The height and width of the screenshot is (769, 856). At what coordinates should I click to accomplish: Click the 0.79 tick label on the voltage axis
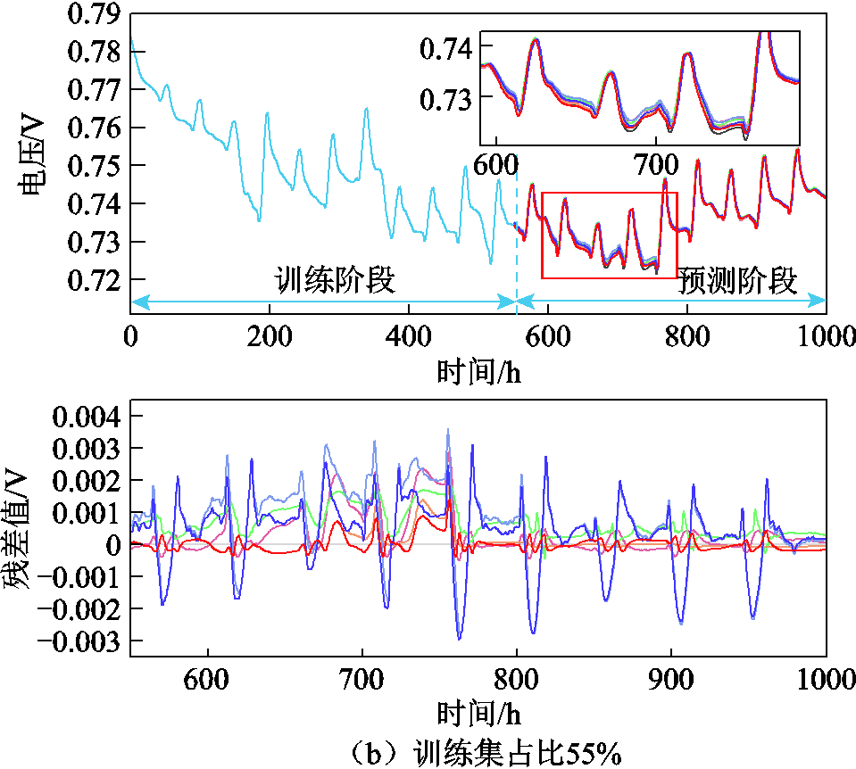pyautogui.click(x=94, y=13)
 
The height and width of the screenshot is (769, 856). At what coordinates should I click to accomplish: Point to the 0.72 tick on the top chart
pyautogui.click(x=94, y=280)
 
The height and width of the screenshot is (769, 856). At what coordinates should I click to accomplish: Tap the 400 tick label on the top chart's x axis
pyautogui.click(x=408, y=336)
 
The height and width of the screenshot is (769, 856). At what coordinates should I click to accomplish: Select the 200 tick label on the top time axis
pyautogui.click(x=270, y=336)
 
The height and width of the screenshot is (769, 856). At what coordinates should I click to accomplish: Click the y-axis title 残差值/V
pyautogui.click(x=15, y=528)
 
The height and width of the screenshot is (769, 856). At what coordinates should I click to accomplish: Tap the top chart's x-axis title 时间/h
pyautogui.click(x=478, y=372)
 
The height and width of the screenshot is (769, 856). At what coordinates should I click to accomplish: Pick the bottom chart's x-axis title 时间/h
pyautogui.click(x=478, y=714)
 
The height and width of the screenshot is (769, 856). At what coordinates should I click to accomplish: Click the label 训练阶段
pyautogui.click(x=334, y=280)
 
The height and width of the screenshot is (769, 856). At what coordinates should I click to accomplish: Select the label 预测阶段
pyautogui.click(x=737, y=280)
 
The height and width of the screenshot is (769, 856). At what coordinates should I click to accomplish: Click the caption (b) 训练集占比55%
pyautogui.click(x=485, y=753)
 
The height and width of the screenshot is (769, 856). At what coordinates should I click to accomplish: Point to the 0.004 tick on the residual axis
pyautogui.click(x=87, y=417)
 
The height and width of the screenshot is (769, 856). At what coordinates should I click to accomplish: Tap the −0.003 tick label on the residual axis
pyautogui.click(x=78, y=641)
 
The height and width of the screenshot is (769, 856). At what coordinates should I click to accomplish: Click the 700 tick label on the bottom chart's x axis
pyautogui.click(x=362, y=680)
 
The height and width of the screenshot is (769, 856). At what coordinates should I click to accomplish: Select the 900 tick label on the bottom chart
pyautogui.click(x=670, y=680)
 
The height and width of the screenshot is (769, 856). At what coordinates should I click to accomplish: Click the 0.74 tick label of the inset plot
pyautogui.click(x=446, y=48)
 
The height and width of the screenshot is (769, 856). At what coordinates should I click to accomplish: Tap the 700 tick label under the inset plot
pyautogui.click(x=656, y=165)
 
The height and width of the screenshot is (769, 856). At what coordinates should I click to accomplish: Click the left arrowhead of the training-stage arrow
pyautogui.click(x=140, y=301)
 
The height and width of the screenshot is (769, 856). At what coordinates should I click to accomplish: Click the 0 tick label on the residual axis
pyautogui.click(x=113, y=545)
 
